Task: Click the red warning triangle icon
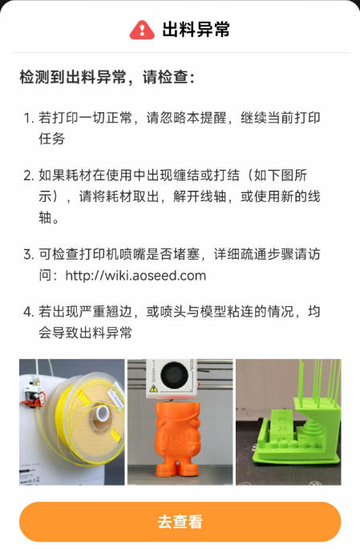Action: tap(142, 30)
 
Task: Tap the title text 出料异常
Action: tap(196, 29)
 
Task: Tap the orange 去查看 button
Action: tap(180, 522)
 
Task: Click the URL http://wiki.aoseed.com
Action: tap(136, 276)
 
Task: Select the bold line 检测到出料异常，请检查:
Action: tap(107, 77)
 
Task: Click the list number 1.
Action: tap(28, 118)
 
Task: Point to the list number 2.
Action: tap(28, 175)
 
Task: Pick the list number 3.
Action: tap(28, 254)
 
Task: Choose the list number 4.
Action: tap(28, 312)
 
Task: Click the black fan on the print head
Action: tap(174, 375)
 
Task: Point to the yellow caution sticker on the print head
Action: tap(153, 388)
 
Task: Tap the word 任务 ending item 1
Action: tap(52, 139)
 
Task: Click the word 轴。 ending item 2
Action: tap(49, 218)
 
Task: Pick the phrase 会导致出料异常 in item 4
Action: tap(85, 333)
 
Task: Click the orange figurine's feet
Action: tap(178, 468)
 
